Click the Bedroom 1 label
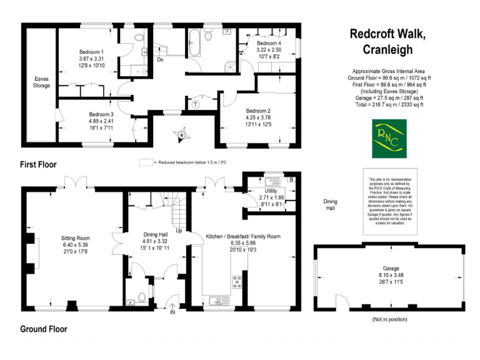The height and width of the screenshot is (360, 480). pyautogui.click(x=91, y=51)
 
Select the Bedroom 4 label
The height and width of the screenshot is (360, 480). pyautogui.click(x=269, y=42)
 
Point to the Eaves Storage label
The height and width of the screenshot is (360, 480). pyautogui.click(x=42, y=82)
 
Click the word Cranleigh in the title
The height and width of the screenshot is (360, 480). pyautogui.click(x=387, y=50)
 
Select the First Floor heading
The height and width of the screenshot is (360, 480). pyautogui.click(x=38, y=164)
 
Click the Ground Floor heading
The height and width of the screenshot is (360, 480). pyautogui.click(x=44, y=329)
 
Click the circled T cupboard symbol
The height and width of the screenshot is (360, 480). pyautogui.click(x=196, y=104)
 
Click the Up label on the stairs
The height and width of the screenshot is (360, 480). pyautogui.click(x=179, y=231)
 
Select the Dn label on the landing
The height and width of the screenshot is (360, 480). pyautogui.click(x=160, y=60)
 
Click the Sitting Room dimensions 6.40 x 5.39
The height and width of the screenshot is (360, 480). pyautogui.click(x=76, y=245)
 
